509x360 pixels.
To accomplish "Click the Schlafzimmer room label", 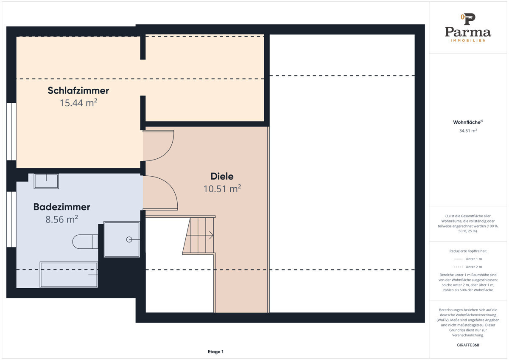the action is click(x=78, y=90).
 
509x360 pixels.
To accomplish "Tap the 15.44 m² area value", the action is click(x=78, y=103).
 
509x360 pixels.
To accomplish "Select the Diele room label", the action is click(x=222, y=176).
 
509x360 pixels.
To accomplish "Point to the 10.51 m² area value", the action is click(x=222, y=189).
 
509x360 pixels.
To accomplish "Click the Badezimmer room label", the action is click(x=62, y=207).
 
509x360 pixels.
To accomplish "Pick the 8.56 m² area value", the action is click(x=62, y=219).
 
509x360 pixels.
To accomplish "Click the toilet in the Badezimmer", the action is click(x=85, y=242).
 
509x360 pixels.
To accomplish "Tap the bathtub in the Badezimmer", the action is click(x=69, y=275).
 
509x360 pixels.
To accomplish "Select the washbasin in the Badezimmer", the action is click(x=46, y=181).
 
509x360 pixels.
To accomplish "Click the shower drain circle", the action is click(x=129, y=239).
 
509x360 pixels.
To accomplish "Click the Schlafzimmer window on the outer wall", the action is click(x=11, y=132).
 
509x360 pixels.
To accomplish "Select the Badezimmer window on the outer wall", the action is click(x=11, y=219).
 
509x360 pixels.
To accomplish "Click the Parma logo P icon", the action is click(x=468, y=19).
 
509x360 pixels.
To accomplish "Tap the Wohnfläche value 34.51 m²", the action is click(x=468, y=131).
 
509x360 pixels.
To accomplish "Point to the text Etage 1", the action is click(x=215, y=352).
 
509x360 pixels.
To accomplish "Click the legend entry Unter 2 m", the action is click(x=473, y=267).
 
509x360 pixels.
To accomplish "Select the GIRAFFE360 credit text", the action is click(x=468, y=345).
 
